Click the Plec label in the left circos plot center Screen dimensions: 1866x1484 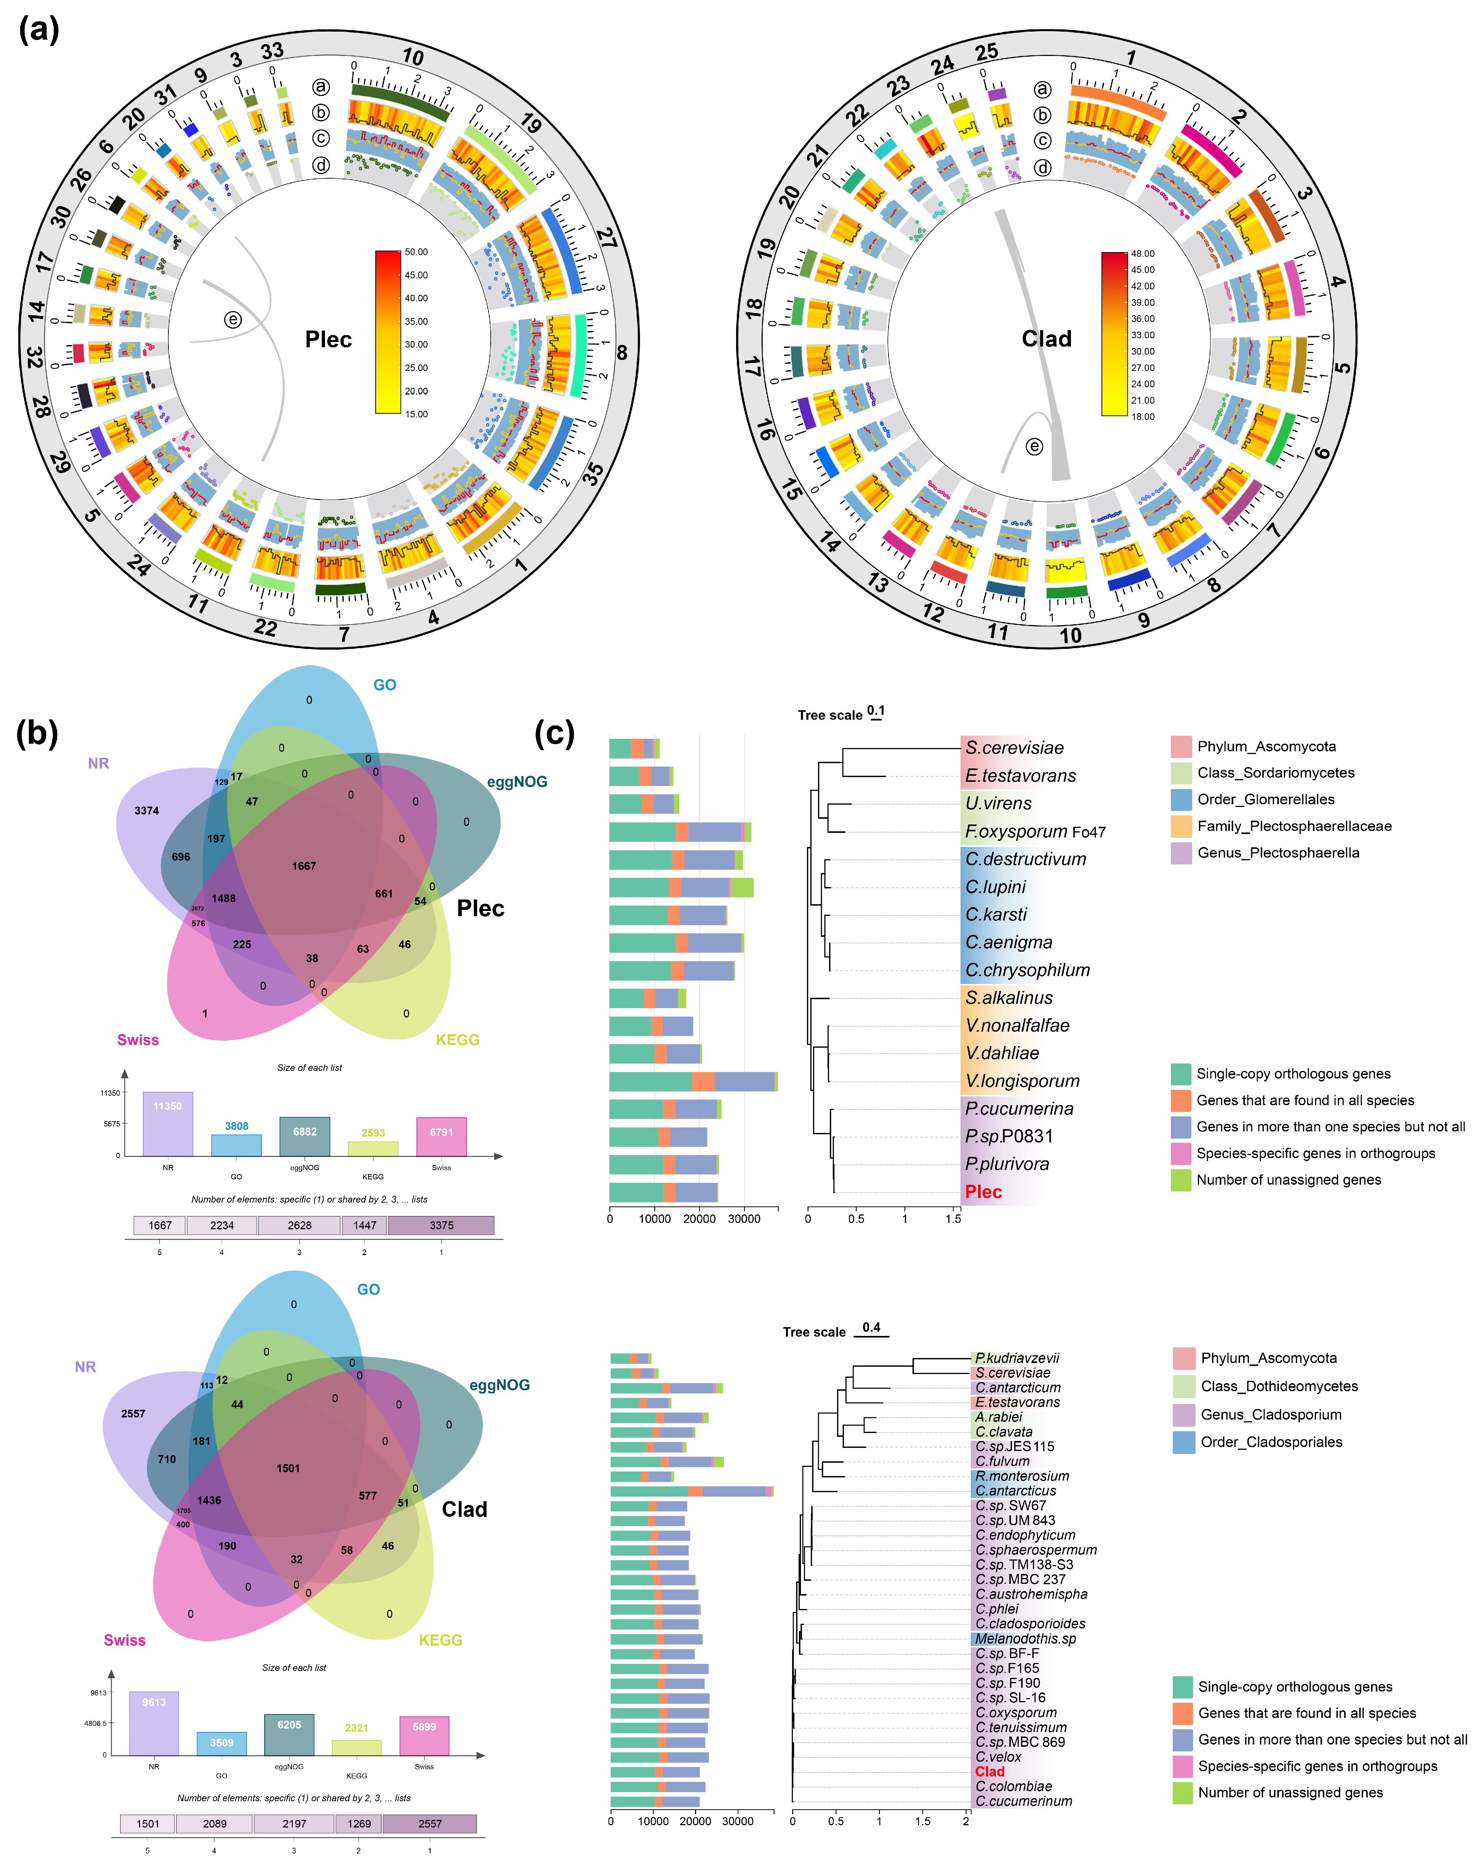pos(328,339)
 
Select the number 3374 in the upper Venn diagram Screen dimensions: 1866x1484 pos(146,811)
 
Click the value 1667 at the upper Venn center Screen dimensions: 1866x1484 pos(304,866)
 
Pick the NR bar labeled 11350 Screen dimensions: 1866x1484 pos(168,1123)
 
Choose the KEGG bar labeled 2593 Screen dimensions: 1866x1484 pos(373,1148)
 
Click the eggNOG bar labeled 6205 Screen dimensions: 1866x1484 pos(289,1735)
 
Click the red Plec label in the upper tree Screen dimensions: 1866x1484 pos(984,1192)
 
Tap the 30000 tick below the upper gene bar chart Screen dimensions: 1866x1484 pos(744,1219)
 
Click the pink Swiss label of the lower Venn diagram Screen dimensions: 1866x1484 pos(125,1640)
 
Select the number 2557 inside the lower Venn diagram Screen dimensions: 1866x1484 pos(133,1413)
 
